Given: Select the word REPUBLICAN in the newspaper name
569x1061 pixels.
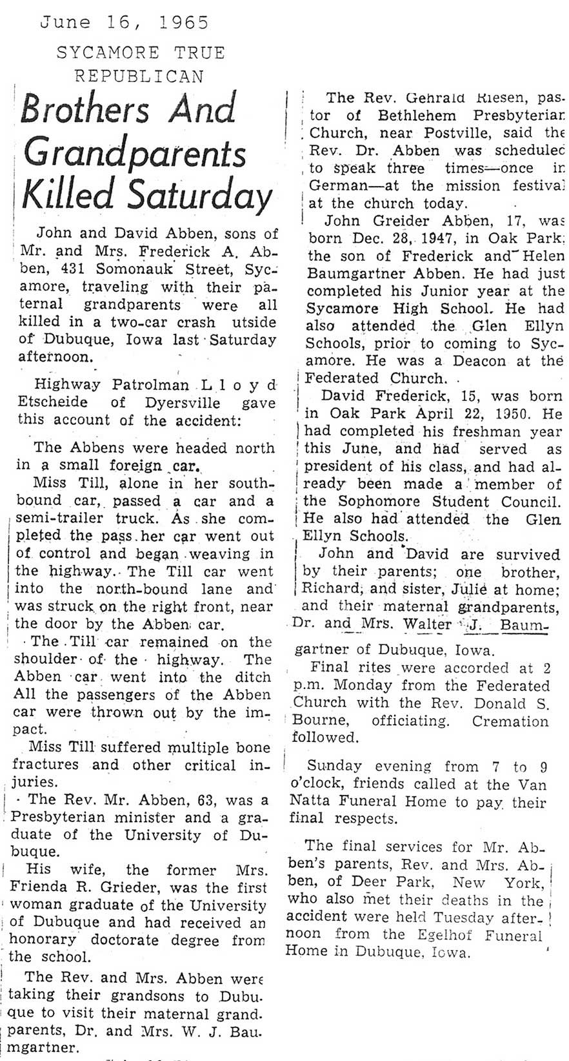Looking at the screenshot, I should (139, 76).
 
